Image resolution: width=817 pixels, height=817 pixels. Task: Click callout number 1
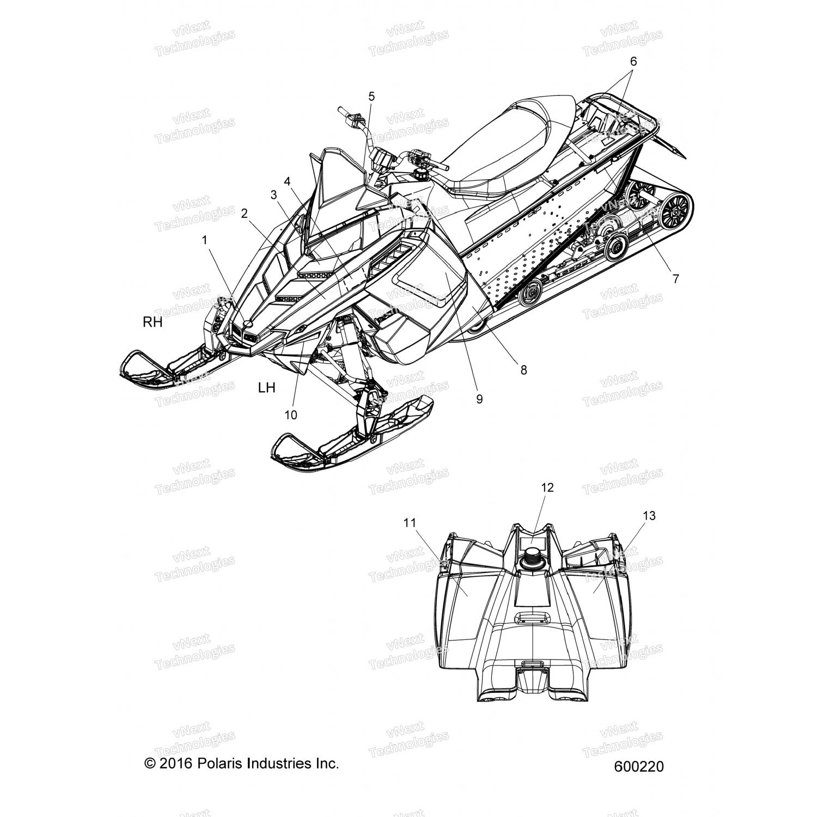click(205, 239)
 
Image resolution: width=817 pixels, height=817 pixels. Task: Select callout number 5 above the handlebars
click(371, 97)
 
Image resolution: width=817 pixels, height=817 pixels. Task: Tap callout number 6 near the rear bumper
click(633, 62)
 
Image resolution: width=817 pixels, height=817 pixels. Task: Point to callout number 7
click(675, 279)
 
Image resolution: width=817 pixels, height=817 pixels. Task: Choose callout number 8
click(523, 370)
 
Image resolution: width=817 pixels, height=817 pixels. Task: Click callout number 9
click(479, 399)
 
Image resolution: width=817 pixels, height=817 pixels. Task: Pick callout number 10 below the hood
click(291, 414)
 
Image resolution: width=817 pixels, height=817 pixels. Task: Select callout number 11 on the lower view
click(410, 523)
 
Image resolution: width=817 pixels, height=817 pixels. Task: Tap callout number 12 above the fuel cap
click(547, 487)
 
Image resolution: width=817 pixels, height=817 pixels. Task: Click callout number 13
click(649, 515)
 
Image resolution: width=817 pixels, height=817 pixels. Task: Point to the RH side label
click(153, 322)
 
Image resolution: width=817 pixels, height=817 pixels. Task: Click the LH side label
click(266, 388)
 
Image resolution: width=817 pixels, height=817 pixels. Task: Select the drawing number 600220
click(638, 766)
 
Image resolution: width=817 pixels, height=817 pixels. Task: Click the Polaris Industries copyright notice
click(241, 763)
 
